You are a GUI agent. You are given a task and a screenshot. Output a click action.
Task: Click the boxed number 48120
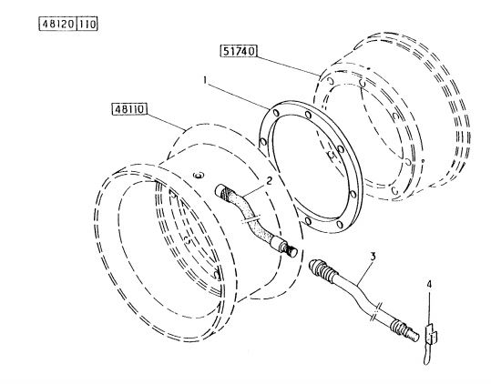57,24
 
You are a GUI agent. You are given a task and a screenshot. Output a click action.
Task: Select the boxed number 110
87,24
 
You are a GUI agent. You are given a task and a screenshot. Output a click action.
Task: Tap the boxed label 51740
239,51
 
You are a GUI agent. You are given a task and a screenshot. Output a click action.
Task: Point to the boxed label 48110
129,109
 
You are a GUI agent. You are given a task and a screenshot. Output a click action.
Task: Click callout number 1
205,80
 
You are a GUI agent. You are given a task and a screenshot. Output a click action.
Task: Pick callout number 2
269,180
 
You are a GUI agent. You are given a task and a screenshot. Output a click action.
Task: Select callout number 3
373,257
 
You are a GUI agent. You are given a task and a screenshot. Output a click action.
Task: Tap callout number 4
429,284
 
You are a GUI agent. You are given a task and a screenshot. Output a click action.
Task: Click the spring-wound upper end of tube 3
323,269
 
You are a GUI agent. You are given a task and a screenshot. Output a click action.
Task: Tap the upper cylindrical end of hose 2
223,191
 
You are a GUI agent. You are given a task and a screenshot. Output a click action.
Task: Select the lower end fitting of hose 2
285,246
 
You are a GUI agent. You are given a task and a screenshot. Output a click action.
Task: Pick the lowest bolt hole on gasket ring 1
339,224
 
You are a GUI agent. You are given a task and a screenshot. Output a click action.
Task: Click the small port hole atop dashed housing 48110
199,175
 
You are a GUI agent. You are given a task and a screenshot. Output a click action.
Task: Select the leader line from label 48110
167,122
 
